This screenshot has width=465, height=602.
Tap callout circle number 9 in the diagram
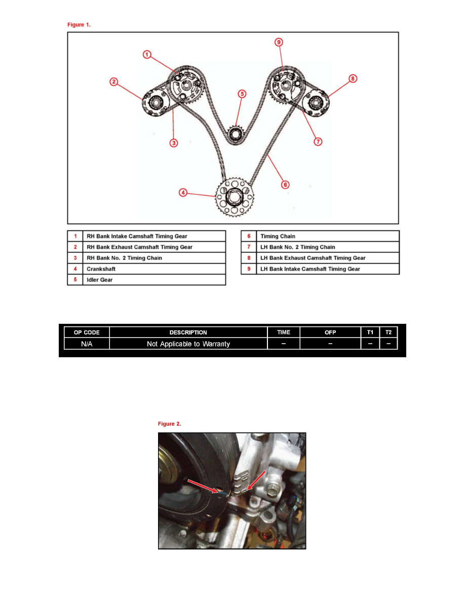click(279, 43)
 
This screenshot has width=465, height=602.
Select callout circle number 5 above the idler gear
click(242, 94)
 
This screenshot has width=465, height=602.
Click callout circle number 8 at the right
click(352, 79)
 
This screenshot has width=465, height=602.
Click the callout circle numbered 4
click(183, 192)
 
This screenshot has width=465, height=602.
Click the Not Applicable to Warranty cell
click(188, 344)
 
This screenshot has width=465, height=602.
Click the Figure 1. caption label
click(80, 24)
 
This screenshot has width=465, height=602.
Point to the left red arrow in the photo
click(203, 485)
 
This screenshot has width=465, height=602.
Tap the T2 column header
click(389, 332)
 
